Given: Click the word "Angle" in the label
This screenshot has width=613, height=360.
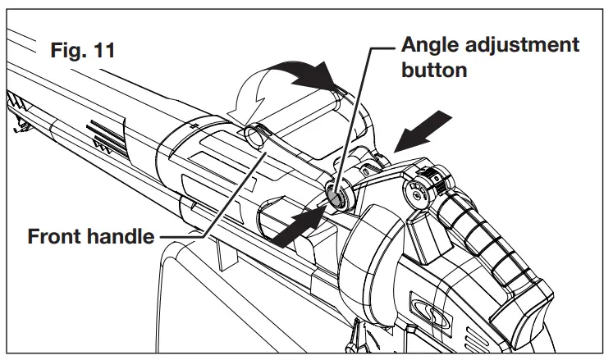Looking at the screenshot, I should [429, 44].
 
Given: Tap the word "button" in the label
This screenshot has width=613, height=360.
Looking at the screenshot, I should [434, 71].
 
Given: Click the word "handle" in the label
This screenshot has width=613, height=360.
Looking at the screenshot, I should [123, 237].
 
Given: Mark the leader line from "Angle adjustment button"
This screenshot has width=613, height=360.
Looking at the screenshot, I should [361, 115].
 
